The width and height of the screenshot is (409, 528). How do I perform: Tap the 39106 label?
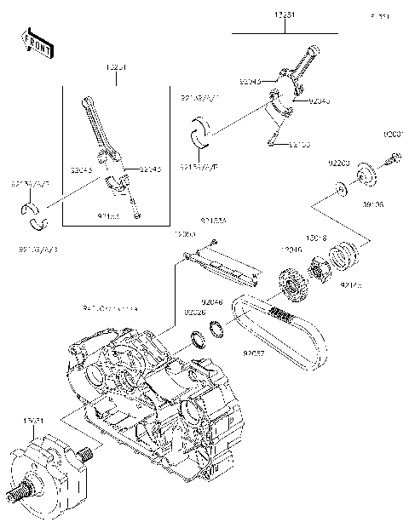pos(373,204)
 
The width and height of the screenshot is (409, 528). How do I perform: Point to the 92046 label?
pos(212,302)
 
